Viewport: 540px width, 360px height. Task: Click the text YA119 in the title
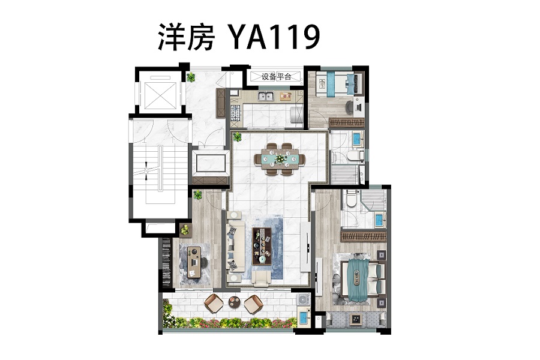click(274, 37)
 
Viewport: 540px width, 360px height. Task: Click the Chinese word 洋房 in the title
click(187, 37)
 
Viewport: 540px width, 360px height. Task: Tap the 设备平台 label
click(276, 76)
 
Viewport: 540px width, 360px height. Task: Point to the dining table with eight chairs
click(280, 159)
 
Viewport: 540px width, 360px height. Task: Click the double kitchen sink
click(266, 96)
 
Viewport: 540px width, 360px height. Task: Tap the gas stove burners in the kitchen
click(235, 112)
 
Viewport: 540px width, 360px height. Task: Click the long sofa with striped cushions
click(236, 247)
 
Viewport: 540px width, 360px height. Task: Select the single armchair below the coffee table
click(262, 278)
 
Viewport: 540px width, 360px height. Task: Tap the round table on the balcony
click(234, 302)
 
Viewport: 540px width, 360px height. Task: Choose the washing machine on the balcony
click(304, 299)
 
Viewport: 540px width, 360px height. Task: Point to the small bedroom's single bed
click(339, 83)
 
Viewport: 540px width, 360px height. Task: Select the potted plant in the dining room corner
click(237, 137)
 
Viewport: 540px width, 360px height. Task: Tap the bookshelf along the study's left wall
click(166, 263)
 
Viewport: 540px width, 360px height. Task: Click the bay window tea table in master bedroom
click(355, 319)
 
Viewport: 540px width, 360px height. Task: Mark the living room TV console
click(305, 247)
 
